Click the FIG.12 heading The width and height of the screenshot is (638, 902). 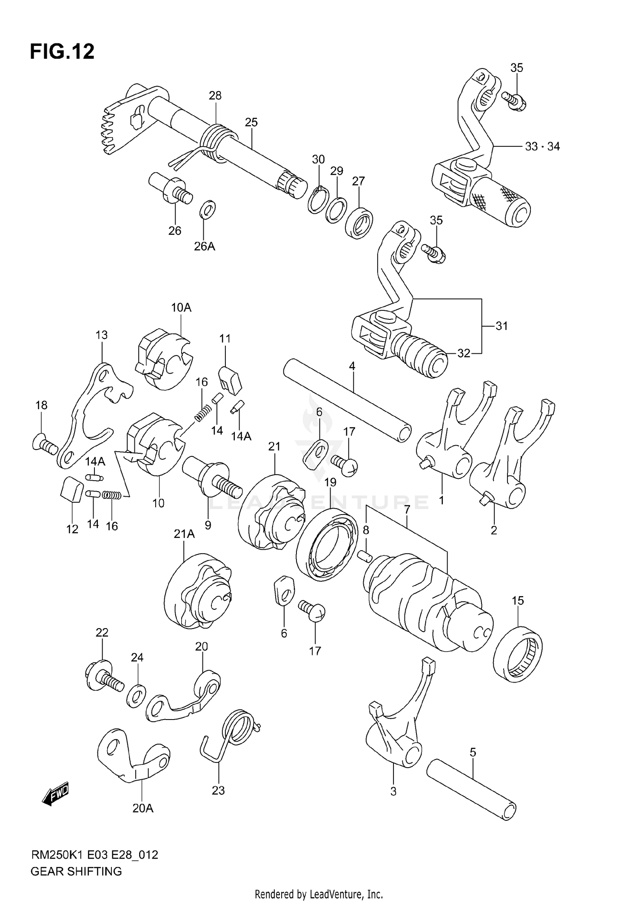62,51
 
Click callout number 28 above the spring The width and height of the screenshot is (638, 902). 215,96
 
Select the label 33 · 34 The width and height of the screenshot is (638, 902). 542,147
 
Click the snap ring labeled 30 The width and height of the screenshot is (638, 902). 318,199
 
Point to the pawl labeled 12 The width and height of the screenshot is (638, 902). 71,489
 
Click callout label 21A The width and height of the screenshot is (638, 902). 184,534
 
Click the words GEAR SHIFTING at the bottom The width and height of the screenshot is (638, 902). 76,871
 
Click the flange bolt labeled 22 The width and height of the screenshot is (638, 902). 104,677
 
